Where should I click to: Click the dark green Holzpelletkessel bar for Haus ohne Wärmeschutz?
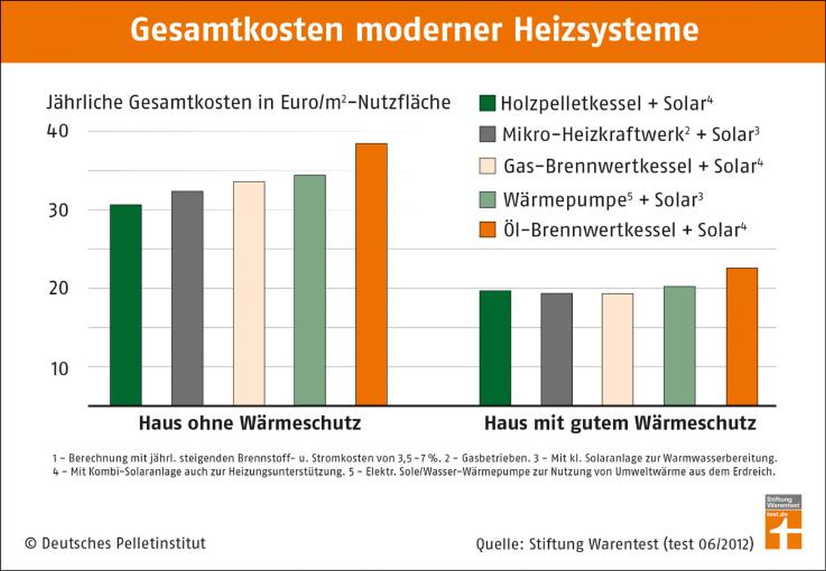coord(126,305)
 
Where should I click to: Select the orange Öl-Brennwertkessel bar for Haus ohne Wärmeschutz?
coord(372,275)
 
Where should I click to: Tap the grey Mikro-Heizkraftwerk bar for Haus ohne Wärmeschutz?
coord(187,299)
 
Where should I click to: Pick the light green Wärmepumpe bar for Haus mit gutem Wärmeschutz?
coord(679,346)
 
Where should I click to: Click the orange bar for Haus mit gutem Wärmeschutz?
coord(742,337)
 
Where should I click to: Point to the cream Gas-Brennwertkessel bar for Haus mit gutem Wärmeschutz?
coord(617,350)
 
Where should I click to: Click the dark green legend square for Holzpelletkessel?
coord(487,103)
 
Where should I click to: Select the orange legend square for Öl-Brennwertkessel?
coord(487,230)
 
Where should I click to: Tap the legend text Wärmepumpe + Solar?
coord(603,200)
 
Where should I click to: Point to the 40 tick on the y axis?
coord(58,131)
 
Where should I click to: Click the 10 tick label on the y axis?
coord(59,368)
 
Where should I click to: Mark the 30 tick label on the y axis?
coord(58,211)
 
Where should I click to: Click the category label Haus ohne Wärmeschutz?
coord(250,423)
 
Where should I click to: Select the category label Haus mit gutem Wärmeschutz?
coord(620,424)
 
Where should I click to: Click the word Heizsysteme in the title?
coord(607,30)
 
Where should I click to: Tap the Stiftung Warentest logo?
coord(783,522)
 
